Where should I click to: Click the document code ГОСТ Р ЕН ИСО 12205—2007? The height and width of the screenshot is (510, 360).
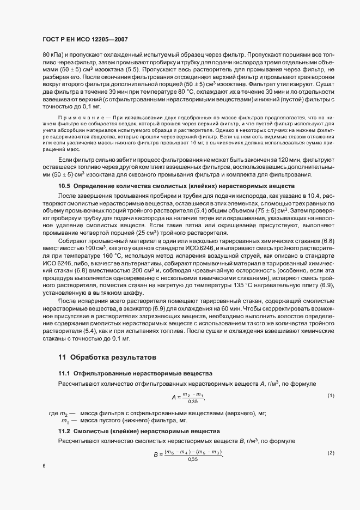point(85,40)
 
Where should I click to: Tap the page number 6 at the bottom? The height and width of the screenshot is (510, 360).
point(44,466)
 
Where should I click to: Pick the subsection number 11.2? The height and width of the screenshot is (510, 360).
point(64,431)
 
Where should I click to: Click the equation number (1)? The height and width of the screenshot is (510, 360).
point(331,395)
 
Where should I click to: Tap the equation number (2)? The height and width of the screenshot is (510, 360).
point(331,453)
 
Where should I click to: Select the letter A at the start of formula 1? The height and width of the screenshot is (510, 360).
point(174,397)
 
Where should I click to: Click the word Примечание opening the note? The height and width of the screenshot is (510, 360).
point(83,117)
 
